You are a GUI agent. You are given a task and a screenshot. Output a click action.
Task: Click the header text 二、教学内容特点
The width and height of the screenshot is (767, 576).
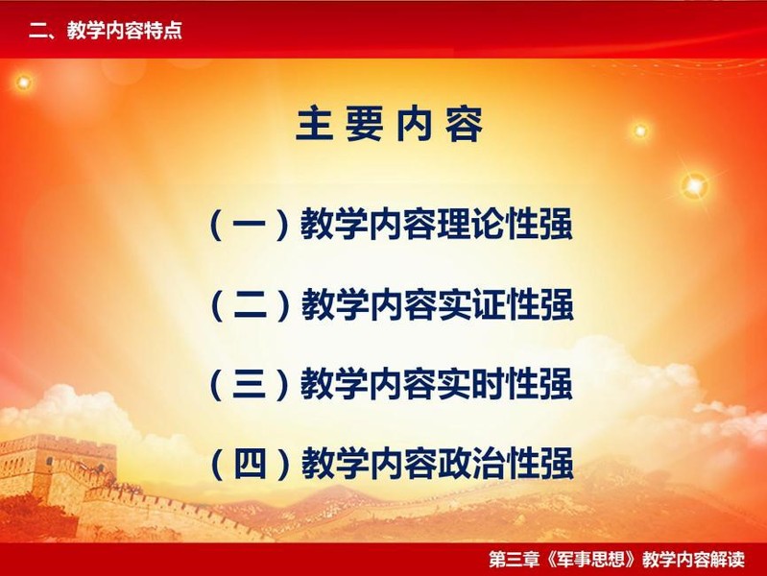[x=106, y=31]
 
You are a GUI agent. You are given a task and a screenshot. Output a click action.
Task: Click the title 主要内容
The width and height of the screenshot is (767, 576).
[x=390, y=125]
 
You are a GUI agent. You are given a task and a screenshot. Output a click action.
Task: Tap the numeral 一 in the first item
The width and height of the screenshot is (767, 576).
[x=249, y=224]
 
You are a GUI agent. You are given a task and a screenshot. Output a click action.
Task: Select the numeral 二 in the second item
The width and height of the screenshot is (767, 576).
[x=250, y=304]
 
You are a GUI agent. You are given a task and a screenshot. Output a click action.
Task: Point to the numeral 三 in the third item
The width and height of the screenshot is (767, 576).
[x=250, y=384]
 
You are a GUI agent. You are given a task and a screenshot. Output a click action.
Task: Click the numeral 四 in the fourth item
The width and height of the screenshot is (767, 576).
[x=250, y=463]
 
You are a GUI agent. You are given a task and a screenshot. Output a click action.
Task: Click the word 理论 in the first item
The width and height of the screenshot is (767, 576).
[x=471, y=224]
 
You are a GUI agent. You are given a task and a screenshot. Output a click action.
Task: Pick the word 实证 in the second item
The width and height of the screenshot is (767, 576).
[x=471, y=304]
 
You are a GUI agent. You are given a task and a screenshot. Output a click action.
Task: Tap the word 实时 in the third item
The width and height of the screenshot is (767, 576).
[x=471, y=384]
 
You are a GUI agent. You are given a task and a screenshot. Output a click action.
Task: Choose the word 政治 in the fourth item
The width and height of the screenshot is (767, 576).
[x=471, y=463]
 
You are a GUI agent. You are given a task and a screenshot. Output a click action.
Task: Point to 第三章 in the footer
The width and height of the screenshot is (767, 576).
[x=515, y=559]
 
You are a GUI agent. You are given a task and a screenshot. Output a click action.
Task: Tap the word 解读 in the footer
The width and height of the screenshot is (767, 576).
[x=728, y=559]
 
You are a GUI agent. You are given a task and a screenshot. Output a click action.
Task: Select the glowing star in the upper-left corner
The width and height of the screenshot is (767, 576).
[x=23, y=83]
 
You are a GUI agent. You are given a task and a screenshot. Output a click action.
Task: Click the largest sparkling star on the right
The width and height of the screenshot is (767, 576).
[x=695, y=186]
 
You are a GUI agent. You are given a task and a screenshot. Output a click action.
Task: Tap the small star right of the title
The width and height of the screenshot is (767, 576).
[x=640, y=131]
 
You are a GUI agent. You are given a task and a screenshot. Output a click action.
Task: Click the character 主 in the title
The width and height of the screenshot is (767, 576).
[x=314, y=125]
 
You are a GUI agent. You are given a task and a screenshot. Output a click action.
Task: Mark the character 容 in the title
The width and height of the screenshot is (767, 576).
[x=465, y=125]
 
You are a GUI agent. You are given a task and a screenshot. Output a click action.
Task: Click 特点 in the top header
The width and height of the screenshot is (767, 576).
[x=163, y=31]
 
